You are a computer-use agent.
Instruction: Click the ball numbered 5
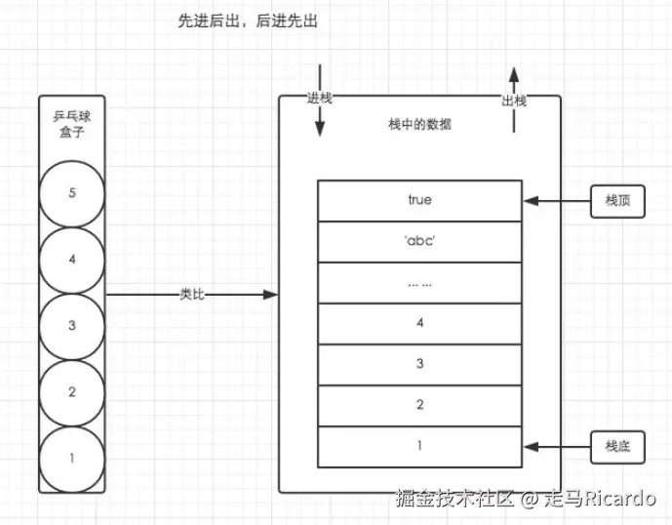coord(72,193)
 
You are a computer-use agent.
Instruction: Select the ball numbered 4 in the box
coord(72,260)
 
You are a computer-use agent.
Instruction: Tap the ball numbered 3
coord(72,326)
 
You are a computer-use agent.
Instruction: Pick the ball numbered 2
coord(72,392)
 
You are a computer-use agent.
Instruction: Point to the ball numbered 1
coord(72,458)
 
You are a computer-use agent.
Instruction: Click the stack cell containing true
coord(419,200)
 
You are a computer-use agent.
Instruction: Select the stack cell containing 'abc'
coord(419,241)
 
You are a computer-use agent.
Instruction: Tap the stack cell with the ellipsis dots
coord(419,282)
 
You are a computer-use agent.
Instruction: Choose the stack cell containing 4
coord(419,323)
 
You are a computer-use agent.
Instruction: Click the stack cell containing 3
coord(419,364)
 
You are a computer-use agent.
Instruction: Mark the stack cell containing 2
coord(419,405)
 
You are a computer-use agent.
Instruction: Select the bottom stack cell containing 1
coord(419,446)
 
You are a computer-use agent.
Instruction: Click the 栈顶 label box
coord(617,200)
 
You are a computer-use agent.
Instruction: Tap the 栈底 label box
coord(617,446)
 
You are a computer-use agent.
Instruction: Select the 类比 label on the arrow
coord(191,294)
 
